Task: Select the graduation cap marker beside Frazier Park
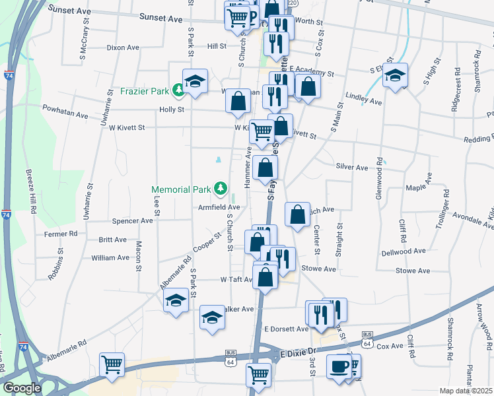(x=195, y=81)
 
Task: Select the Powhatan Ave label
(x=65, y=115)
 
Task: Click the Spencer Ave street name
(x=133, y=221)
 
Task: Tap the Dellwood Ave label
(x=404, y=251)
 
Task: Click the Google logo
(x=22, y=388)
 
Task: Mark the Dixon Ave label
(x=123, y=48)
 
